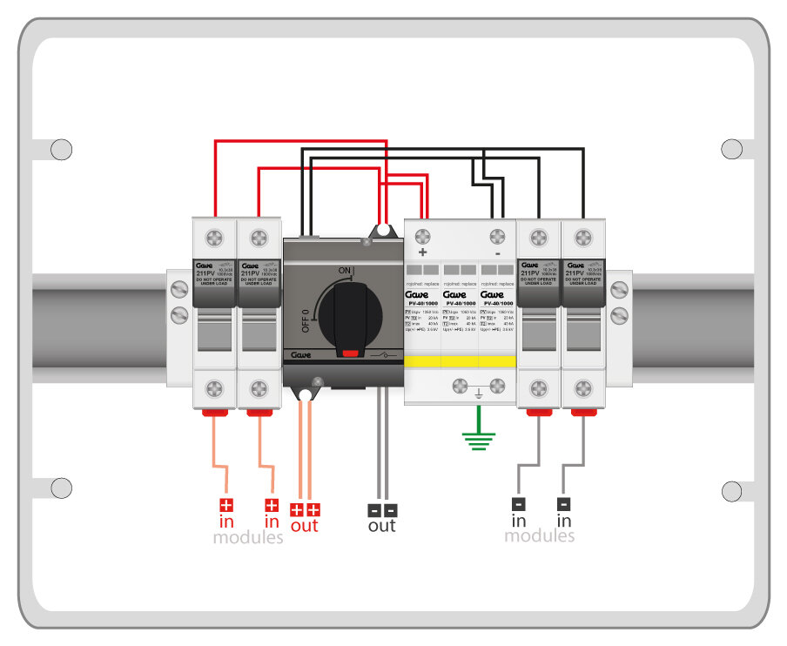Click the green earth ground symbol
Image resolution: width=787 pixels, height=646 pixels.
(477, 441)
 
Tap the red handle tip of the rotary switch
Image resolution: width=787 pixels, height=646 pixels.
(350, 353)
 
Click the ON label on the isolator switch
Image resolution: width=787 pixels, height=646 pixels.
(345, 271)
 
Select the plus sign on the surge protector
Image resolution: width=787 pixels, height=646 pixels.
(423, 252)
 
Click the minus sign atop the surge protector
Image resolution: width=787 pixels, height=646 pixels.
(497, 252)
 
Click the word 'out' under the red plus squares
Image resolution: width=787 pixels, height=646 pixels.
(305, 526)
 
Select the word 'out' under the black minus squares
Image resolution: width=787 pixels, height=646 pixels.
(381, 526)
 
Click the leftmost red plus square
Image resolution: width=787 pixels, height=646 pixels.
(226, 505)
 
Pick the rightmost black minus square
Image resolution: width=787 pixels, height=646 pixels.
(564, 503)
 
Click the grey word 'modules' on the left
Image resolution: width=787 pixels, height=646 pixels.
(248, 538)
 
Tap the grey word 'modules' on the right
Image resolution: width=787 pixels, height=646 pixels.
(540, 536)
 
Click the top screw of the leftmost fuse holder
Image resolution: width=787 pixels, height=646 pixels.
(214, 237)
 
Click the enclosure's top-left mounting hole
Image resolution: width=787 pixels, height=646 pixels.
(61, 150)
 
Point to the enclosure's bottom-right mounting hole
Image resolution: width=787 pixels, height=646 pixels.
(732, 490)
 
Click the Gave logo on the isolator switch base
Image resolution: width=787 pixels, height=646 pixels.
(302, 355)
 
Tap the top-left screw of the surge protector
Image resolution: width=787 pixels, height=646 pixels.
(423, 236)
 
